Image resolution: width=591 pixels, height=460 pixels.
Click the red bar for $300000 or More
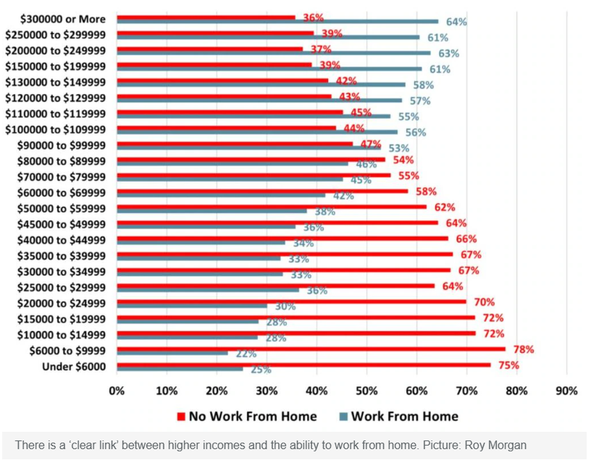click(206, 17)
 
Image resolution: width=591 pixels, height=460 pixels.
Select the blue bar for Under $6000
click(180, 369)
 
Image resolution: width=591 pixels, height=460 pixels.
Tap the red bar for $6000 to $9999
click(311, 349)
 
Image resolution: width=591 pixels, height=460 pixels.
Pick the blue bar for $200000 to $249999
click(274, 53)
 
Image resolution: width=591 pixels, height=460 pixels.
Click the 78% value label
click(524, 349)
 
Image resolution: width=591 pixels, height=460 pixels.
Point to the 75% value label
click(508, 365)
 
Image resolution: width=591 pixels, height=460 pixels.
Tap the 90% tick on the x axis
click(566, 391)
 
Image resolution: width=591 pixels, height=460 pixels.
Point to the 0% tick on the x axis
click(117, 391)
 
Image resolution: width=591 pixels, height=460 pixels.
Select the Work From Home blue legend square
click(345, 417)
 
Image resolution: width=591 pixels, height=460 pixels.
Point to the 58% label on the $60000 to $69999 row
click(425, 192)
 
